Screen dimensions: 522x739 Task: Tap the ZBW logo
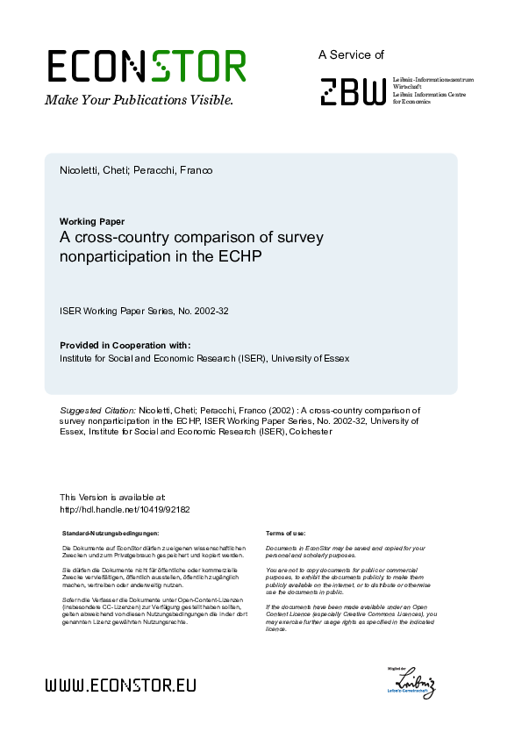[352, 91]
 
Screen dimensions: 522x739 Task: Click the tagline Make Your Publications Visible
[139, 100]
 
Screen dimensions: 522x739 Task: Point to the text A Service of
[351, 54]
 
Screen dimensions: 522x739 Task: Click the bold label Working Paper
[92, 221]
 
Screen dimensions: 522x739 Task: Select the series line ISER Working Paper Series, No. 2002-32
[144, 311]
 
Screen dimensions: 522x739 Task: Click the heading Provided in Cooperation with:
[125, 346]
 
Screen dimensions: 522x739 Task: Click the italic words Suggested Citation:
[97, 410]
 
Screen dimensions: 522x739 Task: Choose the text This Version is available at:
[112, 497]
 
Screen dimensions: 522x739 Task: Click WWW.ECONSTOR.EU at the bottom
[120, 685]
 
